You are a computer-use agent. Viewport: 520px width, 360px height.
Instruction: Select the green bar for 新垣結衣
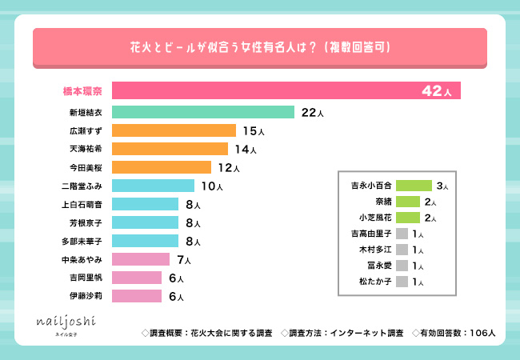click(x=203, y=113)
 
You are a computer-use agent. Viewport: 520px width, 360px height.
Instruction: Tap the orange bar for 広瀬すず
click(x=174, y=130)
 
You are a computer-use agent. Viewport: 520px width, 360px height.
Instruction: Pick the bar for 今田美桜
click(x=162, y=167)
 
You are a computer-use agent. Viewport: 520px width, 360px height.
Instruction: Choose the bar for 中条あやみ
click(x=141, y=259)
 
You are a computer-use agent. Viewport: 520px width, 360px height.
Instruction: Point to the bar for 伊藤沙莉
click(x=138, y=296)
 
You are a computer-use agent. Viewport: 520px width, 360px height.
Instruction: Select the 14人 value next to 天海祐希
click(x=245, y=149)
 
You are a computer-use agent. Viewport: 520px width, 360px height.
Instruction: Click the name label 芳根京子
click(x=85, y=222)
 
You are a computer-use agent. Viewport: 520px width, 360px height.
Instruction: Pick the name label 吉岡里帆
click(x=85, y=278)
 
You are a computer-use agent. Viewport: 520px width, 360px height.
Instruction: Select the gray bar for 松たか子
click(x=402, y=281)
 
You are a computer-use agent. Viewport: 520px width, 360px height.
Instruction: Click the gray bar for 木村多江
click(x=402, y=249)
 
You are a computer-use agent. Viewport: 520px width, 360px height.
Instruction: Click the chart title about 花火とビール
click(x=260, y=48)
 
